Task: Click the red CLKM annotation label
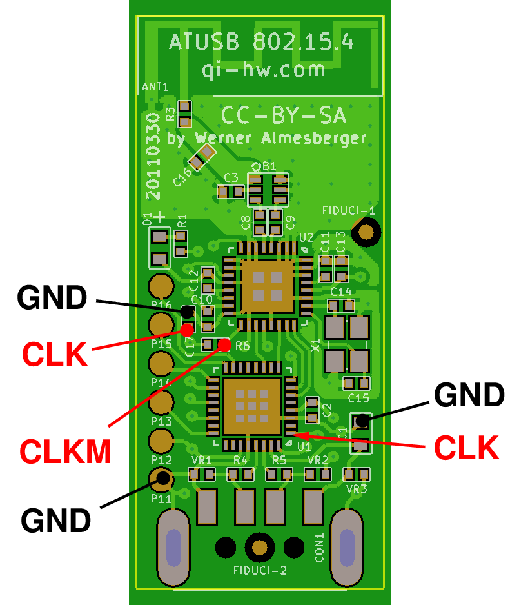point(66,451)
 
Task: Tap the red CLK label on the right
point(466,447)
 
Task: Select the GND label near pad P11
point(55,520)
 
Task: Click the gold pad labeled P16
point(161,284)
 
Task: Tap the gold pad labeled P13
point(161,404)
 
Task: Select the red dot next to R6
point(224,344)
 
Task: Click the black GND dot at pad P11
point(163,478)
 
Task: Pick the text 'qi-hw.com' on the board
point(263,70)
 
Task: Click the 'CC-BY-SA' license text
point(284,115)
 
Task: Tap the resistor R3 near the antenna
point(184,114)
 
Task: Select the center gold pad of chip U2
point(267,285)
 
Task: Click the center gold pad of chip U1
point(251,405)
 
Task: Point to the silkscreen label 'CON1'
point(319,548)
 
